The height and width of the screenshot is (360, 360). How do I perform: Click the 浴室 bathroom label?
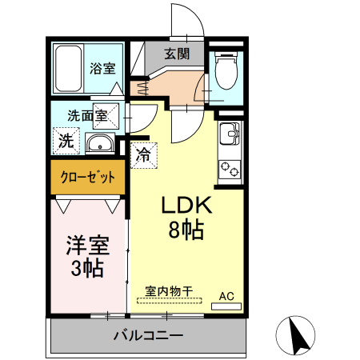point(103,69)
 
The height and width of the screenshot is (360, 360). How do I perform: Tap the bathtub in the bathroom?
point(69,70)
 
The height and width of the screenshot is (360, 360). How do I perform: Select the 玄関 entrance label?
point(177,54)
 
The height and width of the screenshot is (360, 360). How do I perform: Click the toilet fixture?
point(226,73)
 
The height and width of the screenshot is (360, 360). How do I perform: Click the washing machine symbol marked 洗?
point(66,142)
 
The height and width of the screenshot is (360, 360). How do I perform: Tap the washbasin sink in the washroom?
point(98,144)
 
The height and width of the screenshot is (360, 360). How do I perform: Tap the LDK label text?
point(186,206)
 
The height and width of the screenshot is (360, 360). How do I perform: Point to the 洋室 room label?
point(86,243)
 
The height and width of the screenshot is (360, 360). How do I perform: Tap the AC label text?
point(227,295)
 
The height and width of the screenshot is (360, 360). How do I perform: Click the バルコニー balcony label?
point(148,335)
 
